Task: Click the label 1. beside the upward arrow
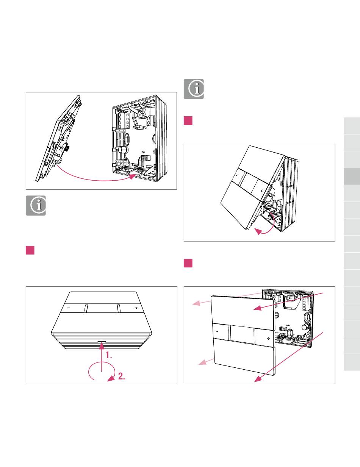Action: click(109, 356)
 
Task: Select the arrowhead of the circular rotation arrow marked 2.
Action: click(110, 377)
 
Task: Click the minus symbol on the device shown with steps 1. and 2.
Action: click(69, 308)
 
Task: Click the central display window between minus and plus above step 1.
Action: click(102, 308)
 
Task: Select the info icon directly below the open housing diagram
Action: click(36, 206)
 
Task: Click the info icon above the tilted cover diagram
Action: click(194, 89)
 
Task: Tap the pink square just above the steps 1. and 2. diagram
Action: click(30, 250)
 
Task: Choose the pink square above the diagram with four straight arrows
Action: click(188, 263)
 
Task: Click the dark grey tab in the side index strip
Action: click(352, 176)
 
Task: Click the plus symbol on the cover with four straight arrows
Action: click(268, 337)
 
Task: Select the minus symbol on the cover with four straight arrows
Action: click(217, 331)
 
